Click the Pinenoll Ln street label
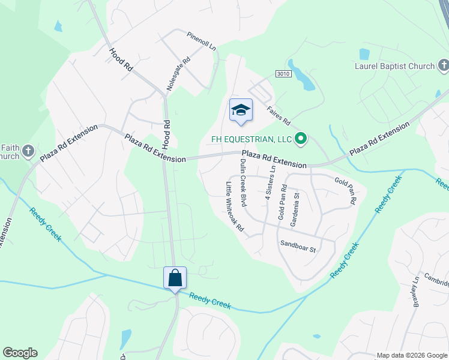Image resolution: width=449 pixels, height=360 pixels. coord(200,43)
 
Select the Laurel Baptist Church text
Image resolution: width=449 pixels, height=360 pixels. coord(394,65)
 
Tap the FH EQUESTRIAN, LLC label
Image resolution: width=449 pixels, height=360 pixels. coord(250,139)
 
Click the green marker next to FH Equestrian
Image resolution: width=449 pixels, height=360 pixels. coord(301,139)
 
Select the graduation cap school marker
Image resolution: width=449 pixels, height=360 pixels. coord(241,109)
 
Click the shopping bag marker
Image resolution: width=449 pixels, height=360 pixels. coord(175,278)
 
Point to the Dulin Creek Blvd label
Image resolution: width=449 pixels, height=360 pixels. coord(243,182)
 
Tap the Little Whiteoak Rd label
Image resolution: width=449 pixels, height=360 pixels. coord(235,206)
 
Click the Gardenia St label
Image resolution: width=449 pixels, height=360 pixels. coord(295,211)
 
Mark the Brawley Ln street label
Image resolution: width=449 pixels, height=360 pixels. coord(415,292)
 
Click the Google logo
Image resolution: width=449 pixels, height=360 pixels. coord(20,353)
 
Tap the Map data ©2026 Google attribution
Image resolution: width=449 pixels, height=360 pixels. coord(412,355)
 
